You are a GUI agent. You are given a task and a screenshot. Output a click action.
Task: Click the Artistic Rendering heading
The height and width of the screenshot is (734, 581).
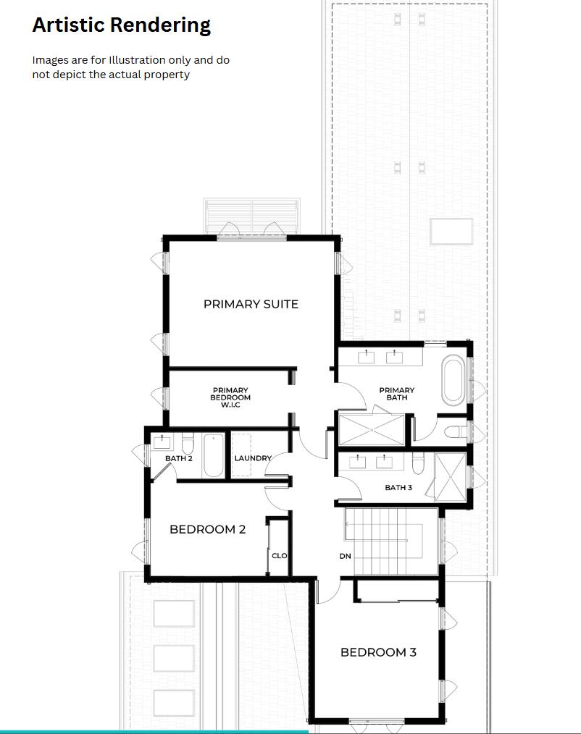point(121,25)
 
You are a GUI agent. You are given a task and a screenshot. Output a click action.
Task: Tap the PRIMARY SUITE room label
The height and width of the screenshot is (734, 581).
point(251,304)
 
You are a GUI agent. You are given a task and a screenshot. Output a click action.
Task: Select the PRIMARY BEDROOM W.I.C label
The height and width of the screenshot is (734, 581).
point(230,397)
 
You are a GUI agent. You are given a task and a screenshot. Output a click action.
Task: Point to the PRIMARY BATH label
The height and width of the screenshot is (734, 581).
point(397,394)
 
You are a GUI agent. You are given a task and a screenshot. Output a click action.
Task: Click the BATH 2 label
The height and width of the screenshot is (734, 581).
point(178,458)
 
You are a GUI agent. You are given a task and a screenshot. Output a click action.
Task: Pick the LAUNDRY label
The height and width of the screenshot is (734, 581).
point(253,458)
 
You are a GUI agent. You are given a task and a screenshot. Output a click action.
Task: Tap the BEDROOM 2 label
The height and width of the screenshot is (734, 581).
point(207,529)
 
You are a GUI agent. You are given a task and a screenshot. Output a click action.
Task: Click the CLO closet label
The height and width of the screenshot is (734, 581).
point(280,556)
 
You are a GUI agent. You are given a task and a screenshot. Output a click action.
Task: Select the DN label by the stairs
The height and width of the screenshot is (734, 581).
point(345,557)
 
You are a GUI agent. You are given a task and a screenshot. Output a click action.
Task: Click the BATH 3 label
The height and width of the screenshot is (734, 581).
point(398,488)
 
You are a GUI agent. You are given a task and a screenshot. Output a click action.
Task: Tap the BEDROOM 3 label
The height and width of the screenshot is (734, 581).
point(378,652)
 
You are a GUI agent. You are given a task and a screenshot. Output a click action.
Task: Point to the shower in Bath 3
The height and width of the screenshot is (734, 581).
point(451,477)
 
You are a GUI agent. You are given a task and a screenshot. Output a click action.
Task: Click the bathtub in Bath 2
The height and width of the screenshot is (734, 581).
point(214,455)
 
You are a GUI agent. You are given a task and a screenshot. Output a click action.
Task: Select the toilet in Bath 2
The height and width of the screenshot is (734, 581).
point(188,443)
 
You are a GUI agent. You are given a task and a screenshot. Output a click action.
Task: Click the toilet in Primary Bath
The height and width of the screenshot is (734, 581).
point(455,432)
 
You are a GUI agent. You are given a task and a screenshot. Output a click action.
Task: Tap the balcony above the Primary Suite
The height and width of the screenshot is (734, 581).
point(251,215)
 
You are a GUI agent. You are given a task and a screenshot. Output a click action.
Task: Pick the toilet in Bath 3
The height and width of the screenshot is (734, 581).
point(418,462)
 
